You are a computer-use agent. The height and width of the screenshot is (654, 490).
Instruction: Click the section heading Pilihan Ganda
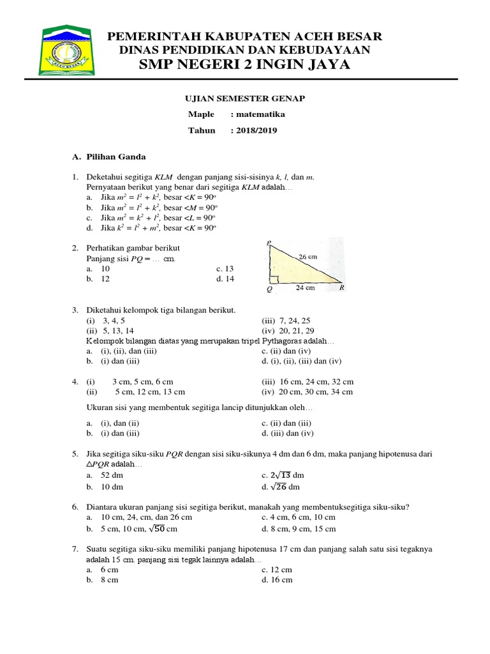tap(116, 156)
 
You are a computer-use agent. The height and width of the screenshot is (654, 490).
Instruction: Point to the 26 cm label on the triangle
tap(308, 257)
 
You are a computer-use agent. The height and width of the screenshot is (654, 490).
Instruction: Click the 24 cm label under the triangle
tap(306, 288)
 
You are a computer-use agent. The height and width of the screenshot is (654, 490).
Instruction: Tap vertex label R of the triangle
tap(342, 288)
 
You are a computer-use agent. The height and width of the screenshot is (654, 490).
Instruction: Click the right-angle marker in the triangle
tap(272, 278)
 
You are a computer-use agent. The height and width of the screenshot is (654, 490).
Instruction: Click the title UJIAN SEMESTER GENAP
tap(245, 98)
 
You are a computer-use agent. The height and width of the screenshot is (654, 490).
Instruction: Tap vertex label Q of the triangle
tap(269, 289)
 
